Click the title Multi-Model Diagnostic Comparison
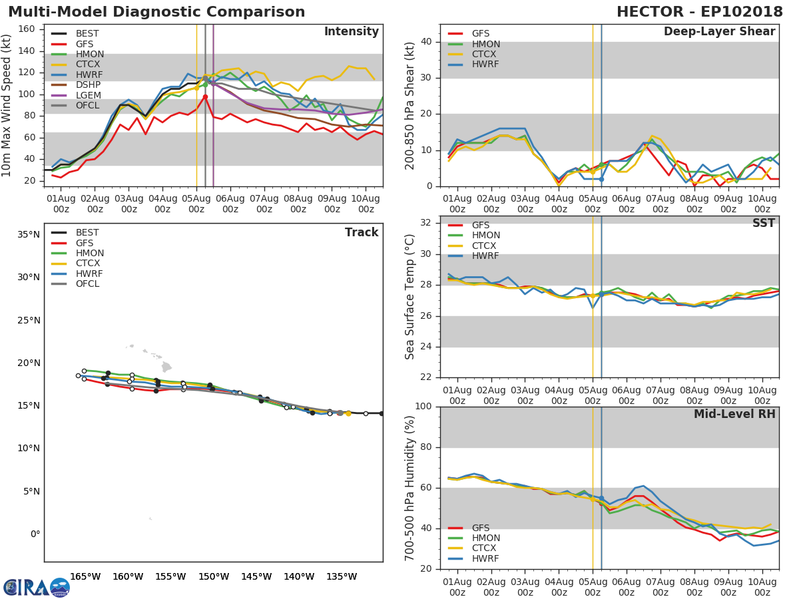(156, 12)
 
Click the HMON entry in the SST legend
(486, 236)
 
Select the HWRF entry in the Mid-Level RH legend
(486, 558)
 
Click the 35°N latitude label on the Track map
(29, 234)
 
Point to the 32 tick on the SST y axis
(426, 223)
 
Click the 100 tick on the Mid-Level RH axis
(423, 407)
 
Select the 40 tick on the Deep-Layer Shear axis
(426, 42)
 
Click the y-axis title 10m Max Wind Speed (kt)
(7, 105)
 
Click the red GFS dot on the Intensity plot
(205, 97)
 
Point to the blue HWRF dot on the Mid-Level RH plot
(601, 498)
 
